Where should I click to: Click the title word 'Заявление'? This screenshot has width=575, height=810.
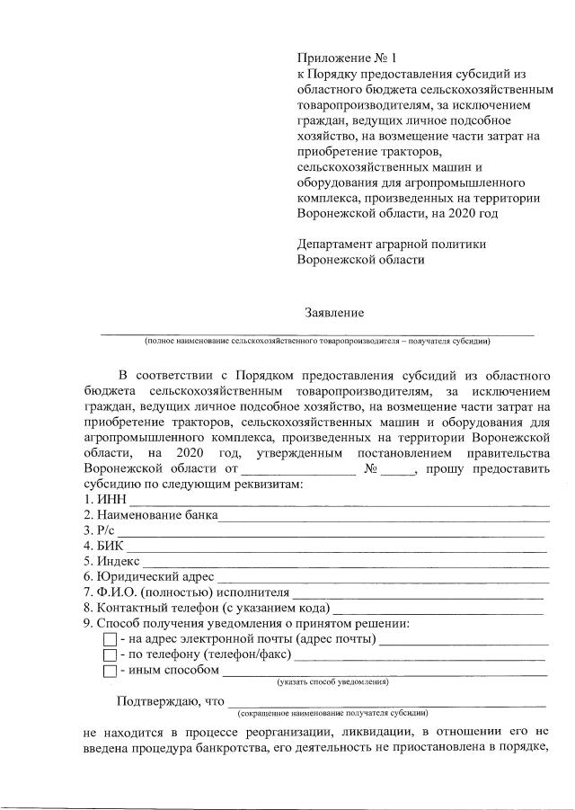tap(334, 313)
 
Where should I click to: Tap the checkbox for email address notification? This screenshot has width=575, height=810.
tap(110, 640)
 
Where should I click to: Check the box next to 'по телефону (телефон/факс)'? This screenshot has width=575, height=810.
tap(110, 655)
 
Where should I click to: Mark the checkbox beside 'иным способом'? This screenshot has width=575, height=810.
tap(110, 671)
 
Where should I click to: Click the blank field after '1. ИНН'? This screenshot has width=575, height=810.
tap(339, 500)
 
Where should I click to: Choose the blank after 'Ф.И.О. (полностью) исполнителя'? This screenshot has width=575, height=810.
tap(418, 592)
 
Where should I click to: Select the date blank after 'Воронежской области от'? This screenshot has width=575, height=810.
tap(297, 470)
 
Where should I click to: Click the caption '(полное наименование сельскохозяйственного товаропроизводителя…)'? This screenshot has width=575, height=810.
tap(316, 341)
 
